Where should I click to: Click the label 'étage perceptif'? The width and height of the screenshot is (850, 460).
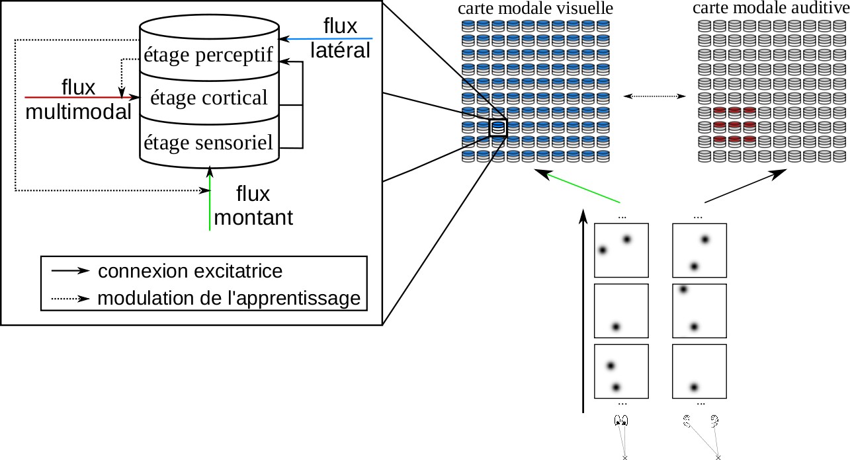pos(208,56)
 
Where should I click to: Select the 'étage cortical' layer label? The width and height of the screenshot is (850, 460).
pos(208,98)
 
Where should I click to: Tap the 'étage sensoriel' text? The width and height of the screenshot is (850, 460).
pos(208,141)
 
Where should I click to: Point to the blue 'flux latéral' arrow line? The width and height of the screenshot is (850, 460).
pos(327,39)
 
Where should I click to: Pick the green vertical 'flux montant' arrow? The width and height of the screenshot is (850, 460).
pos(210,198)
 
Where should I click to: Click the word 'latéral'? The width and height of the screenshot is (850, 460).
pos(340,50)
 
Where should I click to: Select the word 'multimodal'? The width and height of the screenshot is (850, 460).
pos(79,112)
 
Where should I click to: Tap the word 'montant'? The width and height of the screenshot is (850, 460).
pos(253,217)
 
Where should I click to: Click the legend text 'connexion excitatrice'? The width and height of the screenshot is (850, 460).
pos(190,272)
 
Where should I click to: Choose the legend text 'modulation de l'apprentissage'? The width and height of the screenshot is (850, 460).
pos(229,299)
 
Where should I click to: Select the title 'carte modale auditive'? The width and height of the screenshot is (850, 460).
pos(770,9)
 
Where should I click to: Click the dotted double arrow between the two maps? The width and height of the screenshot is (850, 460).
pos(655,96)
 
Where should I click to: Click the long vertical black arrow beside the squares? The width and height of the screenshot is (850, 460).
pos(583,311)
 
